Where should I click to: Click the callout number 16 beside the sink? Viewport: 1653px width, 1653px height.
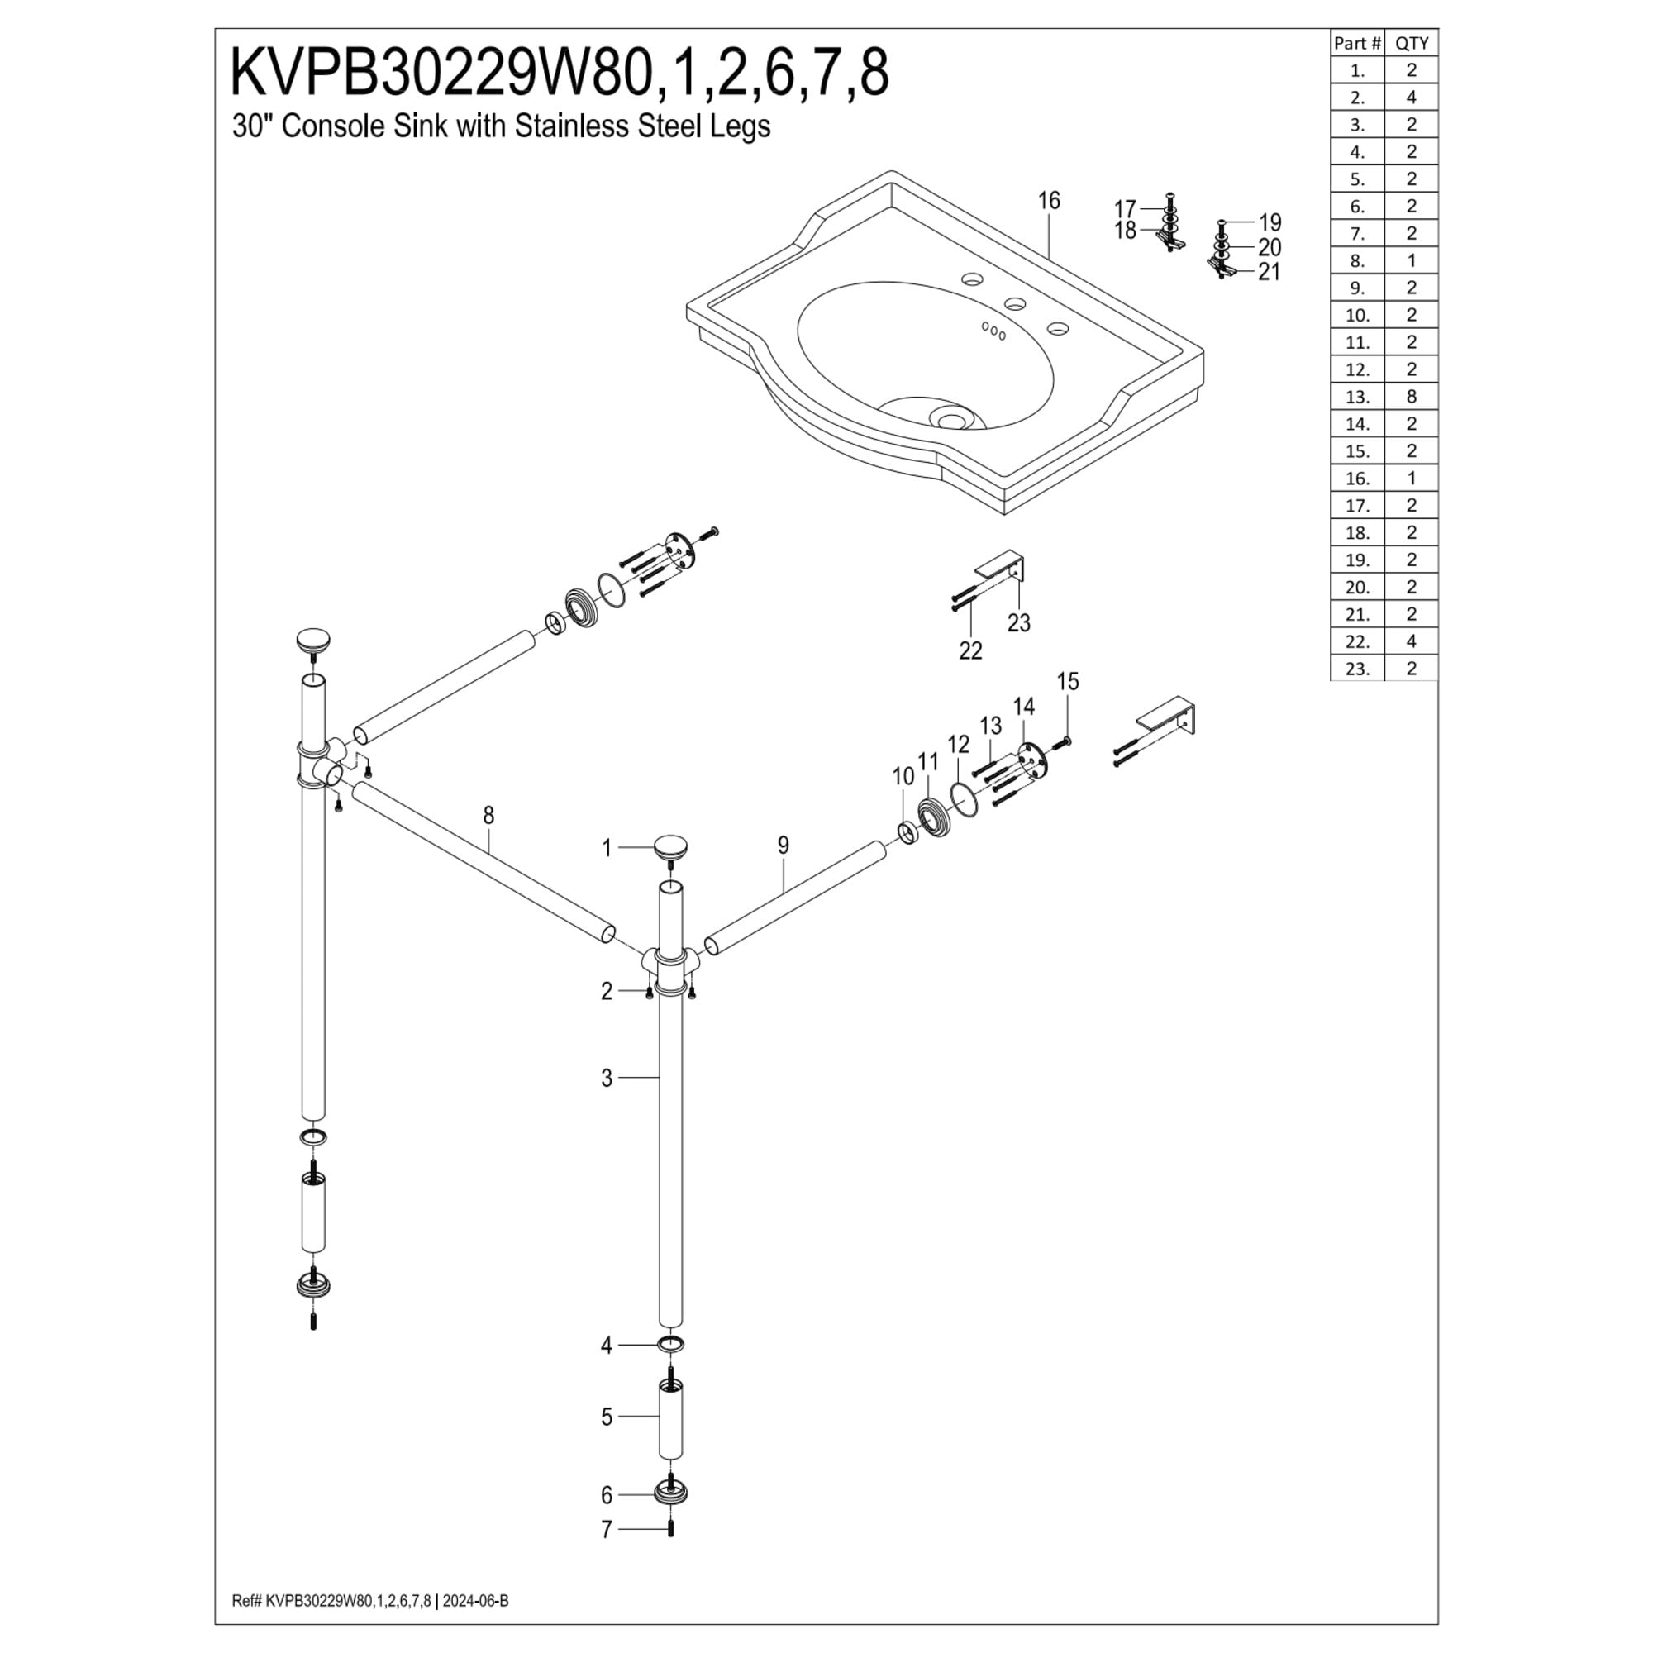(x=1049, y=201)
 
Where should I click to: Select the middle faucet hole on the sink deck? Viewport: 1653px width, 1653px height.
(x=1016, y=303)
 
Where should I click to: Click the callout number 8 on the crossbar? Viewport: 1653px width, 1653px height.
(x=488, y=816)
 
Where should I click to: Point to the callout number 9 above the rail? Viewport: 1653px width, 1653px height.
(x=784, y=846)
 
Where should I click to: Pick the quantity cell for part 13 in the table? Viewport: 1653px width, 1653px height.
(x=1411, y=396)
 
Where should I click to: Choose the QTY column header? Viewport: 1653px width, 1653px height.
(x=1412, y=44)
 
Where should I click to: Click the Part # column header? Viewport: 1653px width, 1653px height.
(x=1357, y=44)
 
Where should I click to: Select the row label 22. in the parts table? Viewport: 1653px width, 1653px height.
(x=1357, y=641)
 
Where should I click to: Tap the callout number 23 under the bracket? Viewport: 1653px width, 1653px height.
(x=1019, y=623)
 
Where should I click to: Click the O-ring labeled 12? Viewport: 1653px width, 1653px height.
(x=965, y=799)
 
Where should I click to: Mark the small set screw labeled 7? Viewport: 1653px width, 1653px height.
(x=671, y=1529)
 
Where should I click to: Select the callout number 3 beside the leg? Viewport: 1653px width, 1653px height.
(x=607, y=1078)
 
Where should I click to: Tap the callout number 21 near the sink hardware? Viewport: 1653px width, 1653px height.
(x=1269, y=272)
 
